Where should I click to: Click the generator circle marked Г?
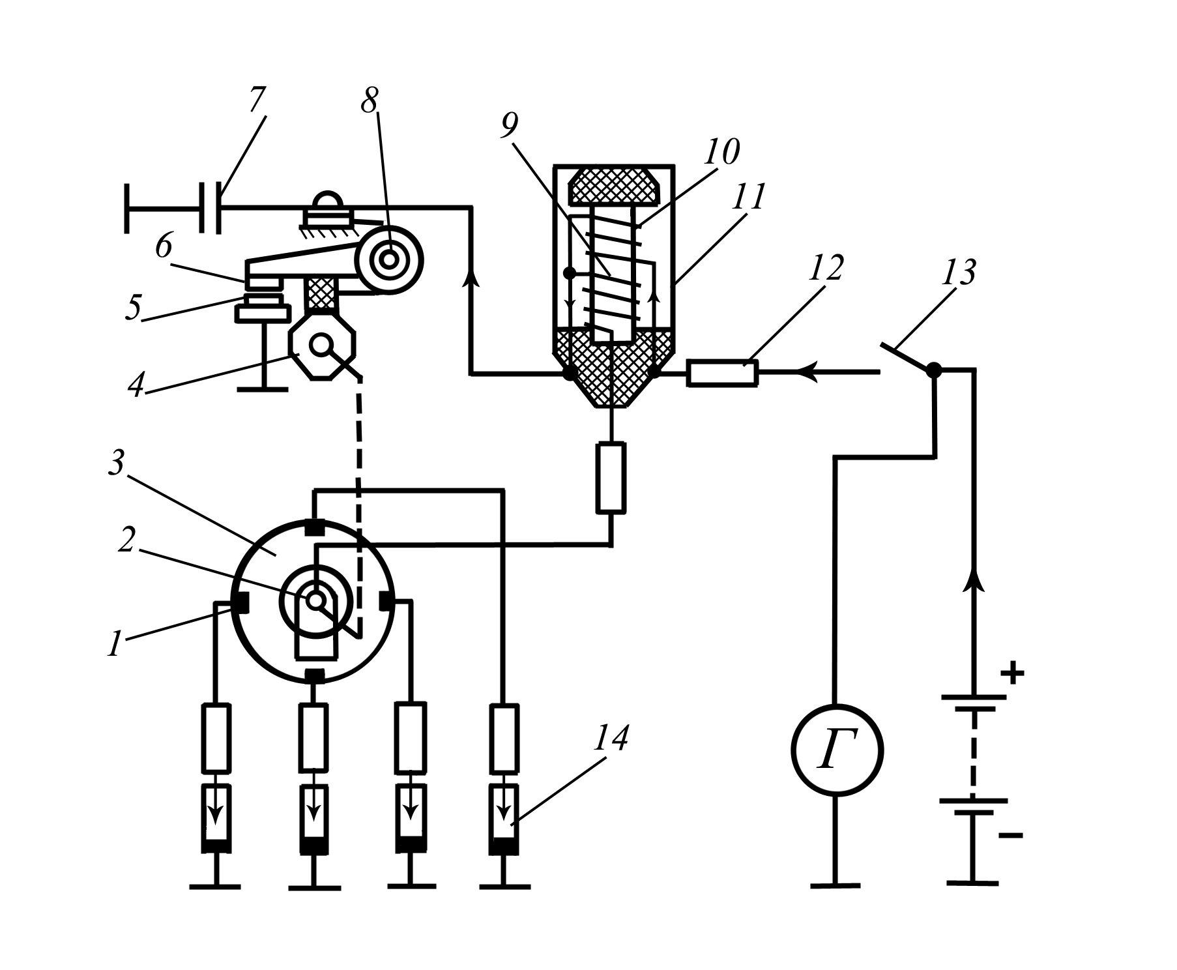(x=837, y=749)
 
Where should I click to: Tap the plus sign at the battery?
(x=1011, y=672)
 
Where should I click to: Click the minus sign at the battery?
(x=1010, y=835)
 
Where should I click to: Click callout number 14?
(x=611, y=739)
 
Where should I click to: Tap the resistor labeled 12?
(x=722, y=374)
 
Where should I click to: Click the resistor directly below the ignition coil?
(x=611, y=477)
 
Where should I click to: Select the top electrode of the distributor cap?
(x=314, y=526)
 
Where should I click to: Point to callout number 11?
(x=748, y=196)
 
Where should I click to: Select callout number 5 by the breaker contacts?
(x=134, y=308)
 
